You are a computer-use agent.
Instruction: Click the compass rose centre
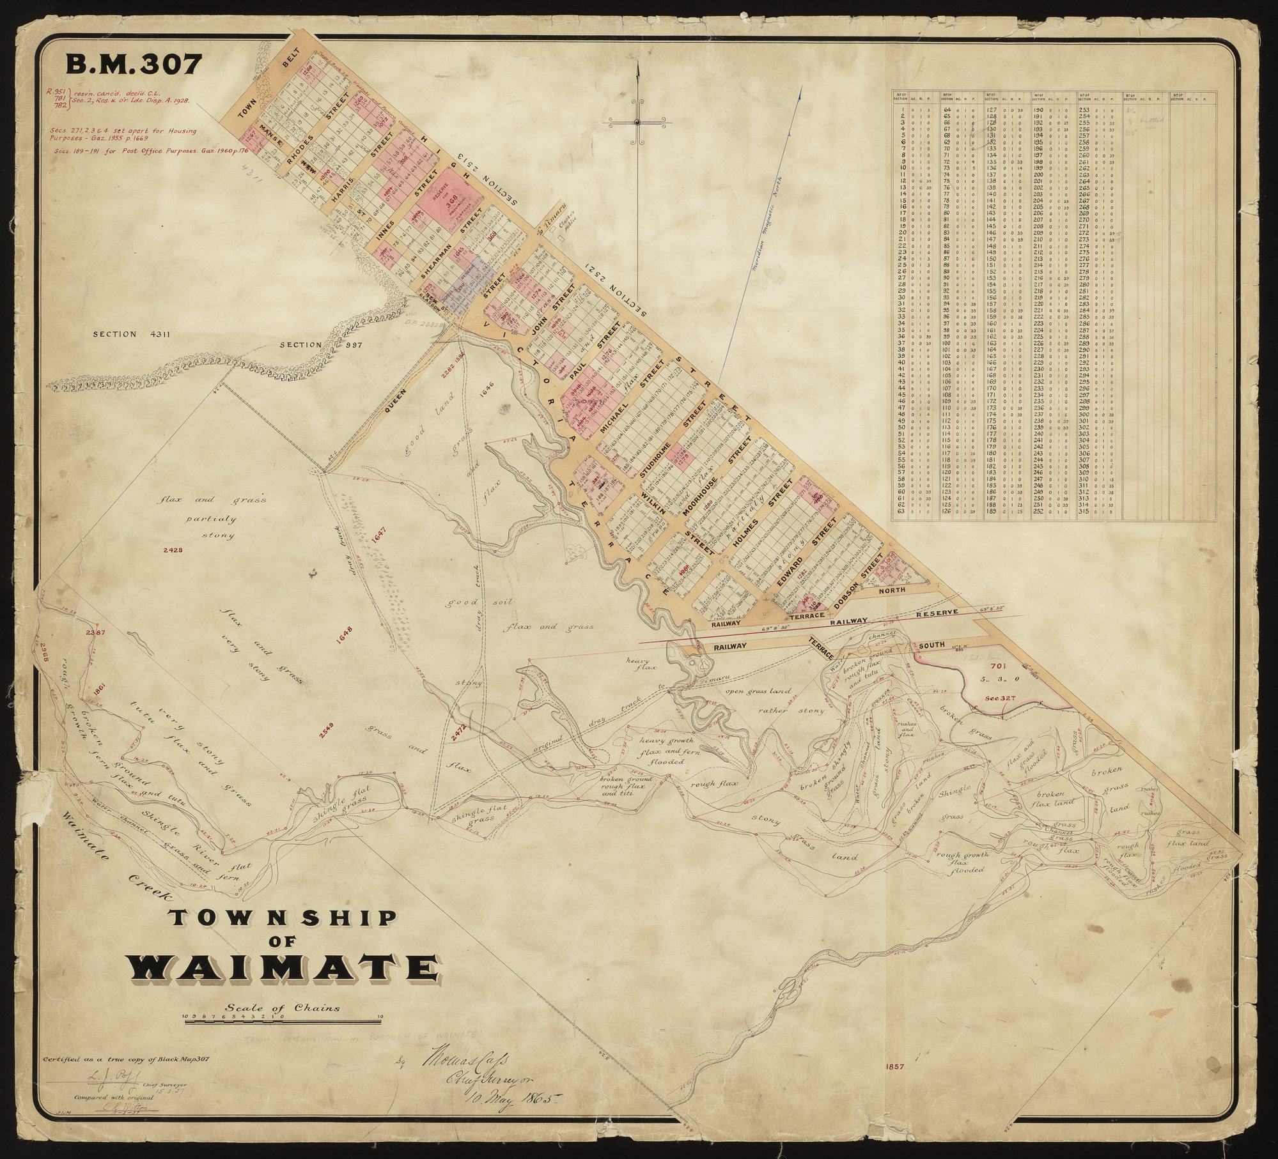(x=638, y=121)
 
